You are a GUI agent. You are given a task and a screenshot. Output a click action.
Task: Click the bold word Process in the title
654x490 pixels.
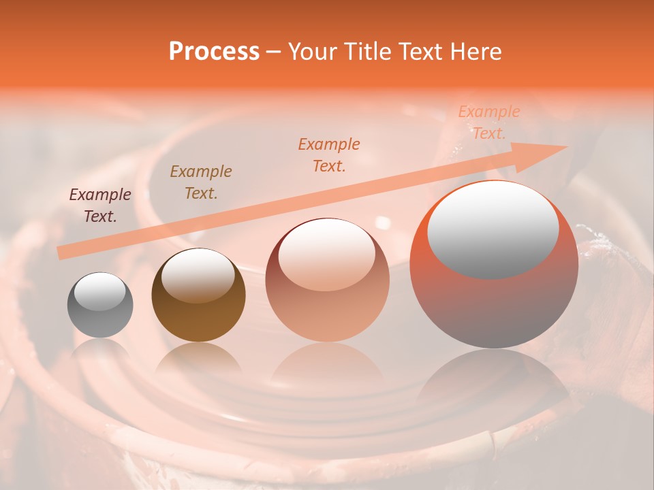point(214,52)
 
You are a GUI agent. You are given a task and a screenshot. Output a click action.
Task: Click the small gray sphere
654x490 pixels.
point(100,305)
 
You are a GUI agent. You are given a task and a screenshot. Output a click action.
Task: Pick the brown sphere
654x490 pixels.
point(198,295)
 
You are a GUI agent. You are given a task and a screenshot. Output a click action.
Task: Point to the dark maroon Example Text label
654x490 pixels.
point(100,206)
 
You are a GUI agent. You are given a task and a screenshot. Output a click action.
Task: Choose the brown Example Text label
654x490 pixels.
point(201,182)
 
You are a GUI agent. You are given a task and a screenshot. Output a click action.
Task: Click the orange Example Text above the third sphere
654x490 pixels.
point(329,154)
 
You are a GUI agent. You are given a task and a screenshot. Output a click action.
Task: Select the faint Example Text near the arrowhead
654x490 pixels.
point(488,122)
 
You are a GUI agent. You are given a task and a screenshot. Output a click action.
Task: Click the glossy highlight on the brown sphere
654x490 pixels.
point(198,275)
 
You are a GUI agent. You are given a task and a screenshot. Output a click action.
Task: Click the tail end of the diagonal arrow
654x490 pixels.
point(61,252)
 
